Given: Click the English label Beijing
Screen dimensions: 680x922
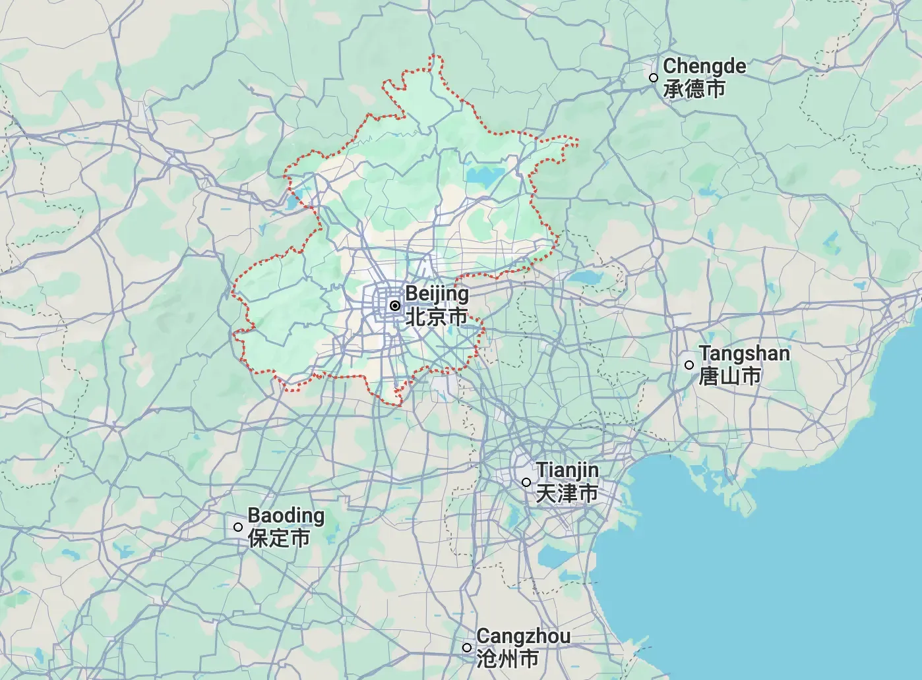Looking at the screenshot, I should (437, 294).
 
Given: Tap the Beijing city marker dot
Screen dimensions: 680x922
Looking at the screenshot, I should (395, 306).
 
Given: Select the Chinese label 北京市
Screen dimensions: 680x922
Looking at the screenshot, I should (437, 317).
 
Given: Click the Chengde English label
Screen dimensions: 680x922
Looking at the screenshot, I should (704, 66).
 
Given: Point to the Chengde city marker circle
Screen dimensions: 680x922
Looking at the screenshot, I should (654, 78).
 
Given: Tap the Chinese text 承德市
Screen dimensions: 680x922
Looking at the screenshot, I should (694, 89).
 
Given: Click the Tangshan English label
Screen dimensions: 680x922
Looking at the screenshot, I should (744, 353).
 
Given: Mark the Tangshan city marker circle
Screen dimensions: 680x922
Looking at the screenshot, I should (689, 365).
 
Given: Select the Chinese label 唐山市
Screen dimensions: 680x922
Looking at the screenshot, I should (730, 376).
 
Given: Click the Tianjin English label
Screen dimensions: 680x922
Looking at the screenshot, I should (567, 470).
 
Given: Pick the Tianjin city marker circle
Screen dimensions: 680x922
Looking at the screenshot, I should (526, 482).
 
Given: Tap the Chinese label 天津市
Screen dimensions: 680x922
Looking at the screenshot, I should (567, 493).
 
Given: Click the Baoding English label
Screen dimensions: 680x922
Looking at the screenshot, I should (286, 515).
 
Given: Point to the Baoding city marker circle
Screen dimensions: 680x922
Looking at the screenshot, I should (238, 527).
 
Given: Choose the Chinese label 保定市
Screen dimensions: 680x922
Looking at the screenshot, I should (279, 538).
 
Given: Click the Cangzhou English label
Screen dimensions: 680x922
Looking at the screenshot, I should (523, 636).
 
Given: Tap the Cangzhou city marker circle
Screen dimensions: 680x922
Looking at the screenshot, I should (467, 648).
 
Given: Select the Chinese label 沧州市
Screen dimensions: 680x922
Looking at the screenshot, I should (507, 659).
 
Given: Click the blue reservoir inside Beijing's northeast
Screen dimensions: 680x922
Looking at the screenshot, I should (485, 175).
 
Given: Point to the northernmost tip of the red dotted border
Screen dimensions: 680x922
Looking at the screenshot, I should (433, 56).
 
